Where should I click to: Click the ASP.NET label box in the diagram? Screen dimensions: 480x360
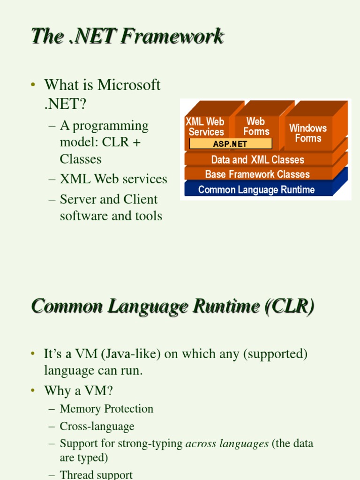pos(230,144)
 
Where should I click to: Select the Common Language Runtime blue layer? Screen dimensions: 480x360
pos(256,189)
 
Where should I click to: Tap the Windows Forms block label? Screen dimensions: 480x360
pos(308,133)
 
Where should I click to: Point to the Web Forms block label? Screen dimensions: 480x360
pos(256,127)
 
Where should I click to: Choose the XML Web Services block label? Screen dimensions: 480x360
pos(206,127)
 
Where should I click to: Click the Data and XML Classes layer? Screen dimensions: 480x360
pos(257,159)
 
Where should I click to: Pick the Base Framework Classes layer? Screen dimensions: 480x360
pos(257,174)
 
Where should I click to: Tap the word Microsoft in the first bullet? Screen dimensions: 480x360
pos(129,85)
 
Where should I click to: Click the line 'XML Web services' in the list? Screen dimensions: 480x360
pos(113,179)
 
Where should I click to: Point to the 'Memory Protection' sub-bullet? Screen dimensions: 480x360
pos(106,409)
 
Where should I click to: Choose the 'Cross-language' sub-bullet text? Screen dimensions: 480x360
pos(97,426)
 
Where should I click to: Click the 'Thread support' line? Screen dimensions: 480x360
pos(96,475)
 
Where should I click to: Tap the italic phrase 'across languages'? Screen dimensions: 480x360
pos(227,443)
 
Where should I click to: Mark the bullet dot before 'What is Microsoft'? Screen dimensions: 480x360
pos(33,85)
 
